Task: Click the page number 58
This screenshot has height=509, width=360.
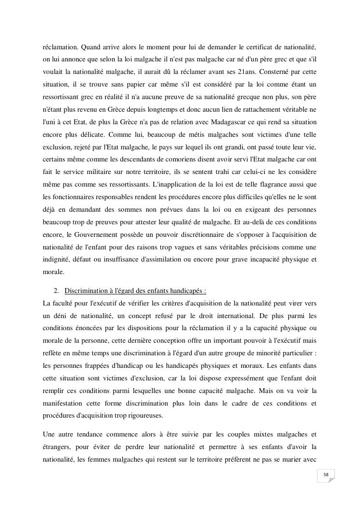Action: tap(326, 475)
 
